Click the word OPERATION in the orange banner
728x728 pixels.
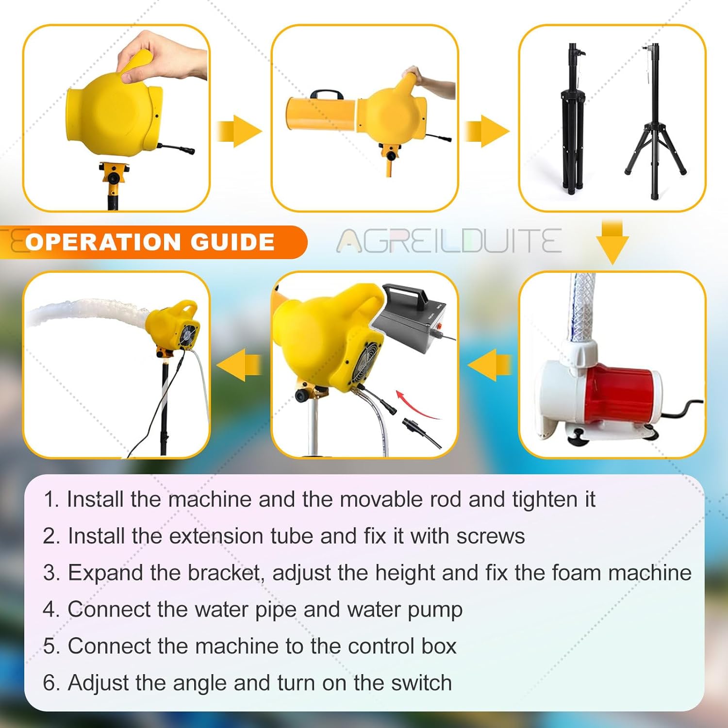[x=103, y=242]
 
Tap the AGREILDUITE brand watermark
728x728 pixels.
[x=449, y=241]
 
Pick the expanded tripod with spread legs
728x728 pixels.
[x=655, y=121]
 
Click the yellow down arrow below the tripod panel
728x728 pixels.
[x=612, y=242]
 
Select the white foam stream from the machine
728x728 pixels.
[x=87, y=313]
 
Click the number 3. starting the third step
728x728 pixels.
[x=51, y=573]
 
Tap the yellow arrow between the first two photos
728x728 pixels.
[x=239, y=131]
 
